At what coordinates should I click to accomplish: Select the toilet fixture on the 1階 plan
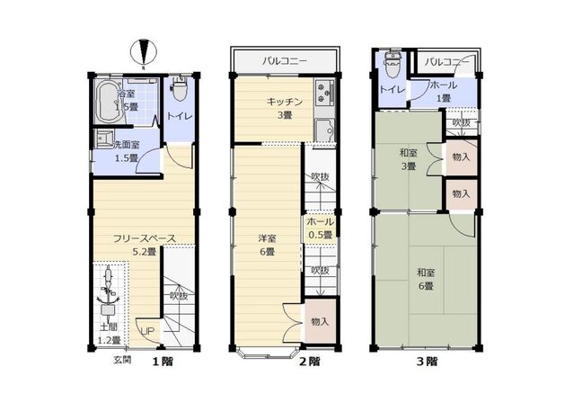tap(178, 92)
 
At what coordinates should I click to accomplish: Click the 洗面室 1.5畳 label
tap(119, 150)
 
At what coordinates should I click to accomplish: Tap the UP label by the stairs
tap(146, 330)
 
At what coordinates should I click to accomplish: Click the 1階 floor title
tap(161, 361)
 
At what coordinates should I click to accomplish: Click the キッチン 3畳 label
tap(283, 108)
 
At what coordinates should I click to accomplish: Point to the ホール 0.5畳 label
tap(320, 228)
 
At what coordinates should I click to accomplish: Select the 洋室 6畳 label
tap(267, 245)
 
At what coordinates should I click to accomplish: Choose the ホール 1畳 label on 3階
tap(442, 91)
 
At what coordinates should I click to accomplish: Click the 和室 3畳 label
tap(408, 159)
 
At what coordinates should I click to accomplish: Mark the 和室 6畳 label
tap(425, 278)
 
